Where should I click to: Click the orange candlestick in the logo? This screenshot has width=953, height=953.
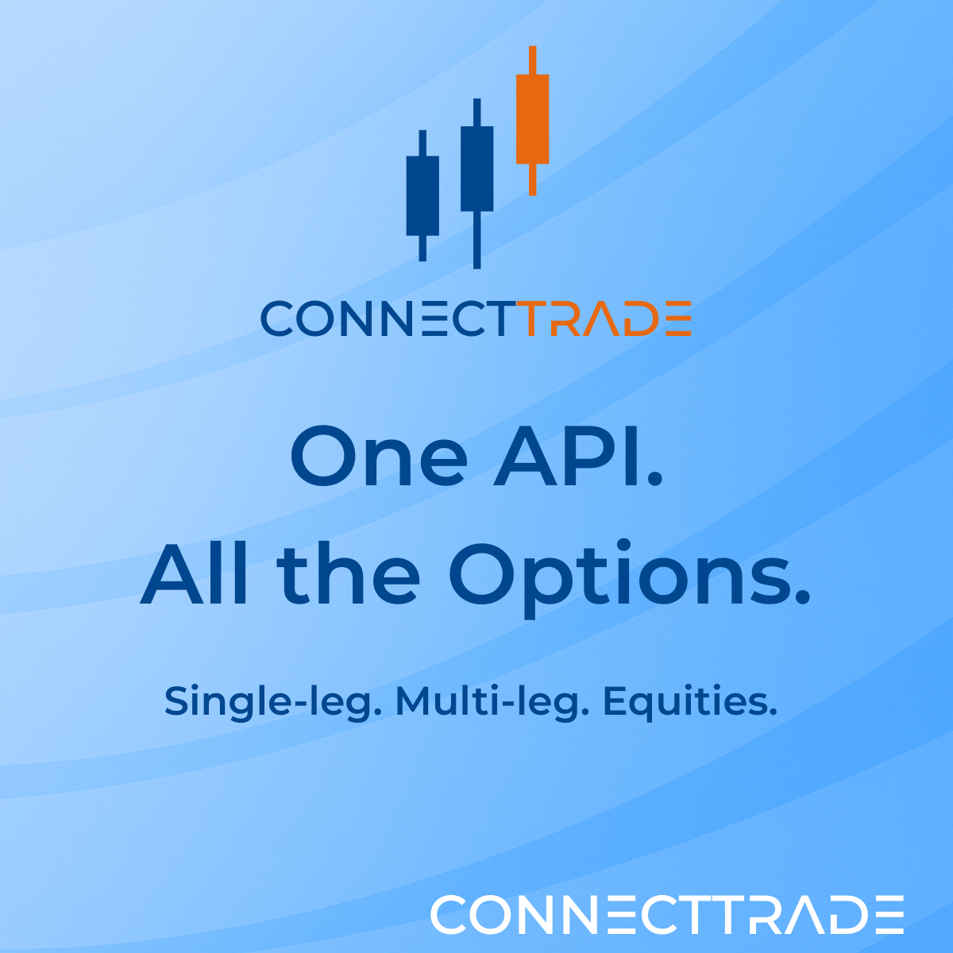click(532, 119)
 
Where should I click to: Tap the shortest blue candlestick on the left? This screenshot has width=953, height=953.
click(422, 195)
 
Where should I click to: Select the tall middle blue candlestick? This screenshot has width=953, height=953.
click(476, 168)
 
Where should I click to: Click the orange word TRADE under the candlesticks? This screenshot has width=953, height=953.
click(608, 319)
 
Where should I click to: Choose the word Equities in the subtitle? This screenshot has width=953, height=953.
click(685, 701)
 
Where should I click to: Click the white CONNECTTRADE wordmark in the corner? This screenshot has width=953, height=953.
click(667, 915)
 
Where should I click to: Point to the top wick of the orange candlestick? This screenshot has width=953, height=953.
click(532, 60)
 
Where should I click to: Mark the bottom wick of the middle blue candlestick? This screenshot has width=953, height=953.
click(476, 240)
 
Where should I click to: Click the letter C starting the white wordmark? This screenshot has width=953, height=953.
click(449, 915)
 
